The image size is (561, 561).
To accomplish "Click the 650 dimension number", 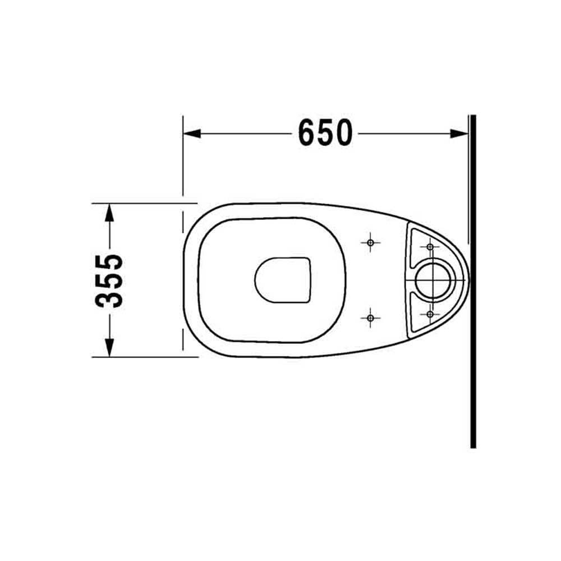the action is coord(325,132).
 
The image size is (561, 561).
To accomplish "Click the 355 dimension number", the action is coord(109,281).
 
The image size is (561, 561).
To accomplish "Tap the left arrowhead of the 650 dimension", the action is coord(192,134).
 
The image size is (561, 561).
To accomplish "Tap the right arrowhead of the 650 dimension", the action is coord(459,134).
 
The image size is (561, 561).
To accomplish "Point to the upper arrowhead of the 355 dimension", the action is coord(109,212).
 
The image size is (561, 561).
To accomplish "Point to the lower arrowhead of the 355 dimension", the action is coord(109,348).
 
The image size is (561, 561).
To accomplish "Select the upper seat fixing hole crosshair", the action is coord(370,243).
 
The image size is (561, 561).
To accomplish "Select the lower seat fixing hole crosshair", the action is coord(370,318).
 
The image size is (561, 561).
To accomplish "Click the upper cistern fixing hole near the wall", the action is coord(430,247).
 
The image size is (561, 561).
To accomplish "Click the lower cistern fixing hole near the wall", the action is coord(430,314).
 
